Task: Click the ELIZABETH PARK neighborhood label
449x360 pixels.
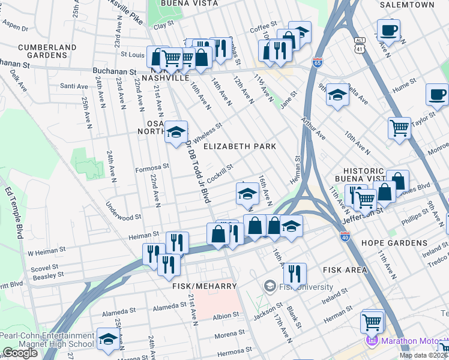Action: (240, 146)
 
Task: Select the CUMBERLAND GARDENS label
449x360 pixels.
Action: (47, 51)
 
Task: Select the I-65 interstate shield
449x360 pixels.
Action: (317, 61)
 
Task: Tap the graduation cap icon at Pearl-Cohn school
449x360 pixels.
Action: (107, 339)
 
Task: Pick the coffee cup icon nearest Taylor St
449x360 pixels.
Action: (437, 94)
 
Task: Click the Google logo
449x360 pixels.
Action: (20, 353)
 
